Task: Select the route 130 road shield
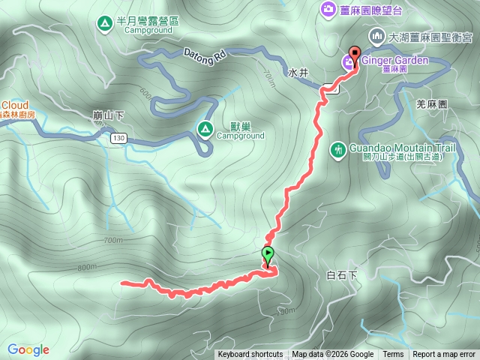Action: click(x=118, y=139)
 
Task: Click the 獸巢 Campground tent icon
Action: click(x=204, y=129)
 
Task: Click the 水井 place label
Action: click(x=298, y=73)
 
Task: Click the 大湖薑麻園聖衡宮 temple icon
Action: click(x=377, y=36)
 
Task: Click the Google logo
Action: click(x=28, y=349)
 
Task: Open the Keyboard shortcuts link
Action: click(x=250, y=355)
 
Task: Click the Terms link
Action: click(x=393, y=355)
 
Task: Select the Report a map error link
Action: click(x=444, y=355)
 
